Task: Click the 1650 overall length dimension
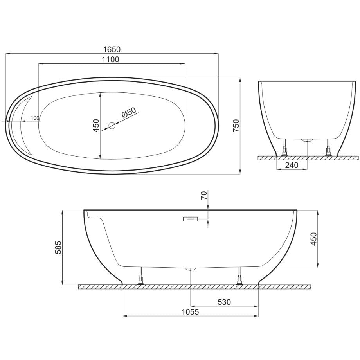pyautogui.click(x=112, y=49)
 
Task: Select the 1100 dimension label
pyautogui.click(x=111, y=59)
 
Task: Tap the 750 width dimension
pyautogui.click(x=236, y=126)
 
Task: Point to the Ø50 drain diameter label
pyautogui.click(x=129, y=112)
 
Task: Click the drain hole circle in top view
pyautogui.click(x=112, y=126)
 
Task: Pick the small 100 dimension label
pyautogui.click(x=35, y=118)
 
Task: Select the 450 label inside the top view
pyautogui.click(x=96, y=126)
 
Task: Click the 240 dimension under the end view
pyautogui.click(x=292, y=165)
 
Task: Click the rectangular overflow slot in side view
pyautogui.click(x=191, y=219)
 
